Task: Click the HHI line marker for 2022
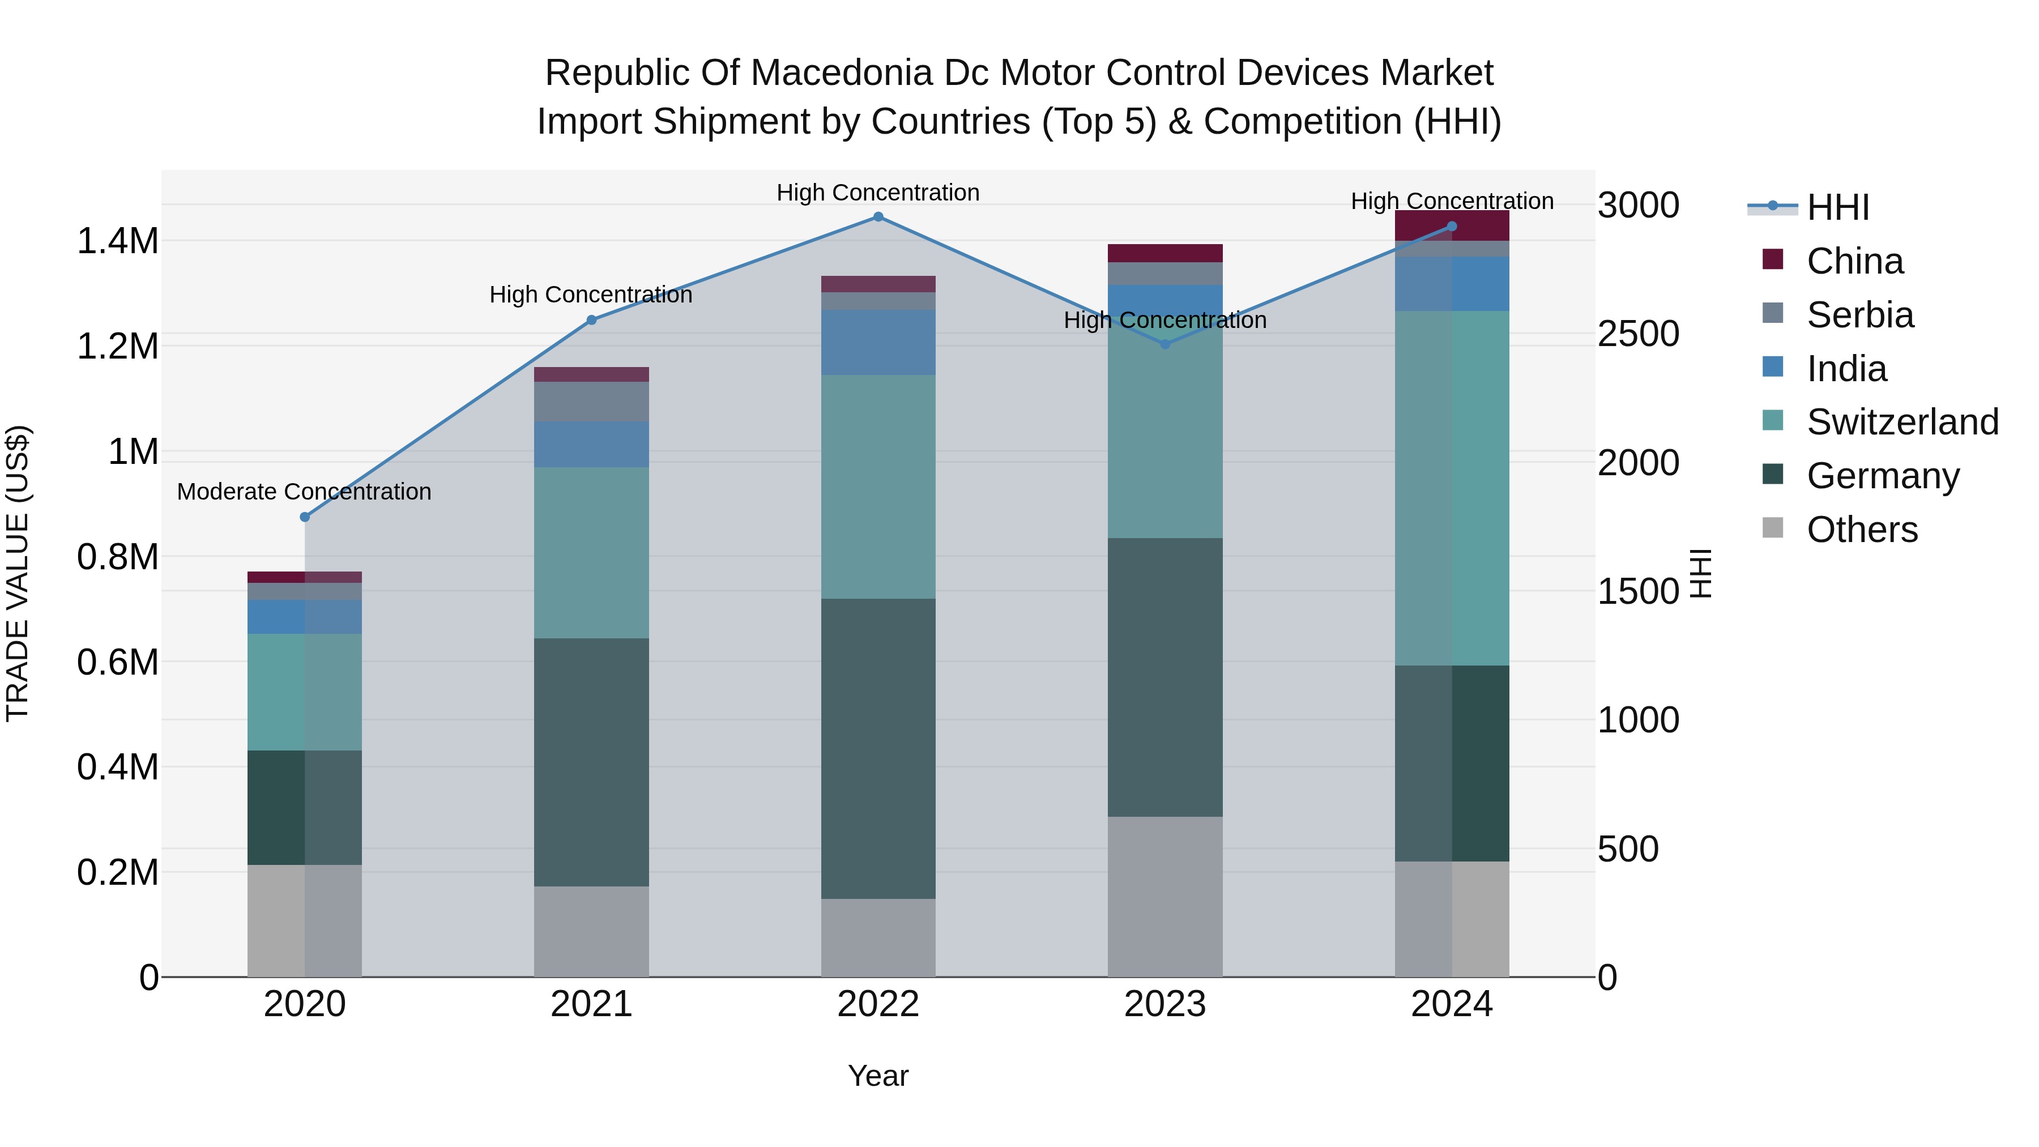tap(878, 217)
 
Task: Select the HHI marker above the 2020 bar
tap(305, 517)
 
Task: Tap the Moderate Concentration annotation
tap(304, 492)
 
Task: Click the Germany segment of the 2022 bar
tap(878, 748)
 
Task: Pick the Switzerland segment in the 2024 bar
tap(1452, 488)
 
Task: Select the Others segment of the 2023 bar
tap(1164, 896)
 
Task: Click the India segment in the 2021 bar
tap(591, 444)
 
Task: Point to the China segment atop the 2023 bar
tap(1164, 253)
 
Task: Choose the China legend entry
tap(1854, 261)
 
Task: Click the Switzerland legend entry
tap(1902, 422)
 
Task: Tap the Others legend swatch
tap(1773, 528)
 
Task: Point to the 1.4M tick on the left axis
tap(118, 241)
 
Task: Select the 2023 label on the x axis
tap(1164, 1004)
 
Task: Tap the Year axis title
tap(878, 1076)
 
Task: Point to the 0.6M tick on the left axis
tap(118, 662)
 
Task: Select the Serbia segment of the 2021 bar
tap(591, 402)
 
